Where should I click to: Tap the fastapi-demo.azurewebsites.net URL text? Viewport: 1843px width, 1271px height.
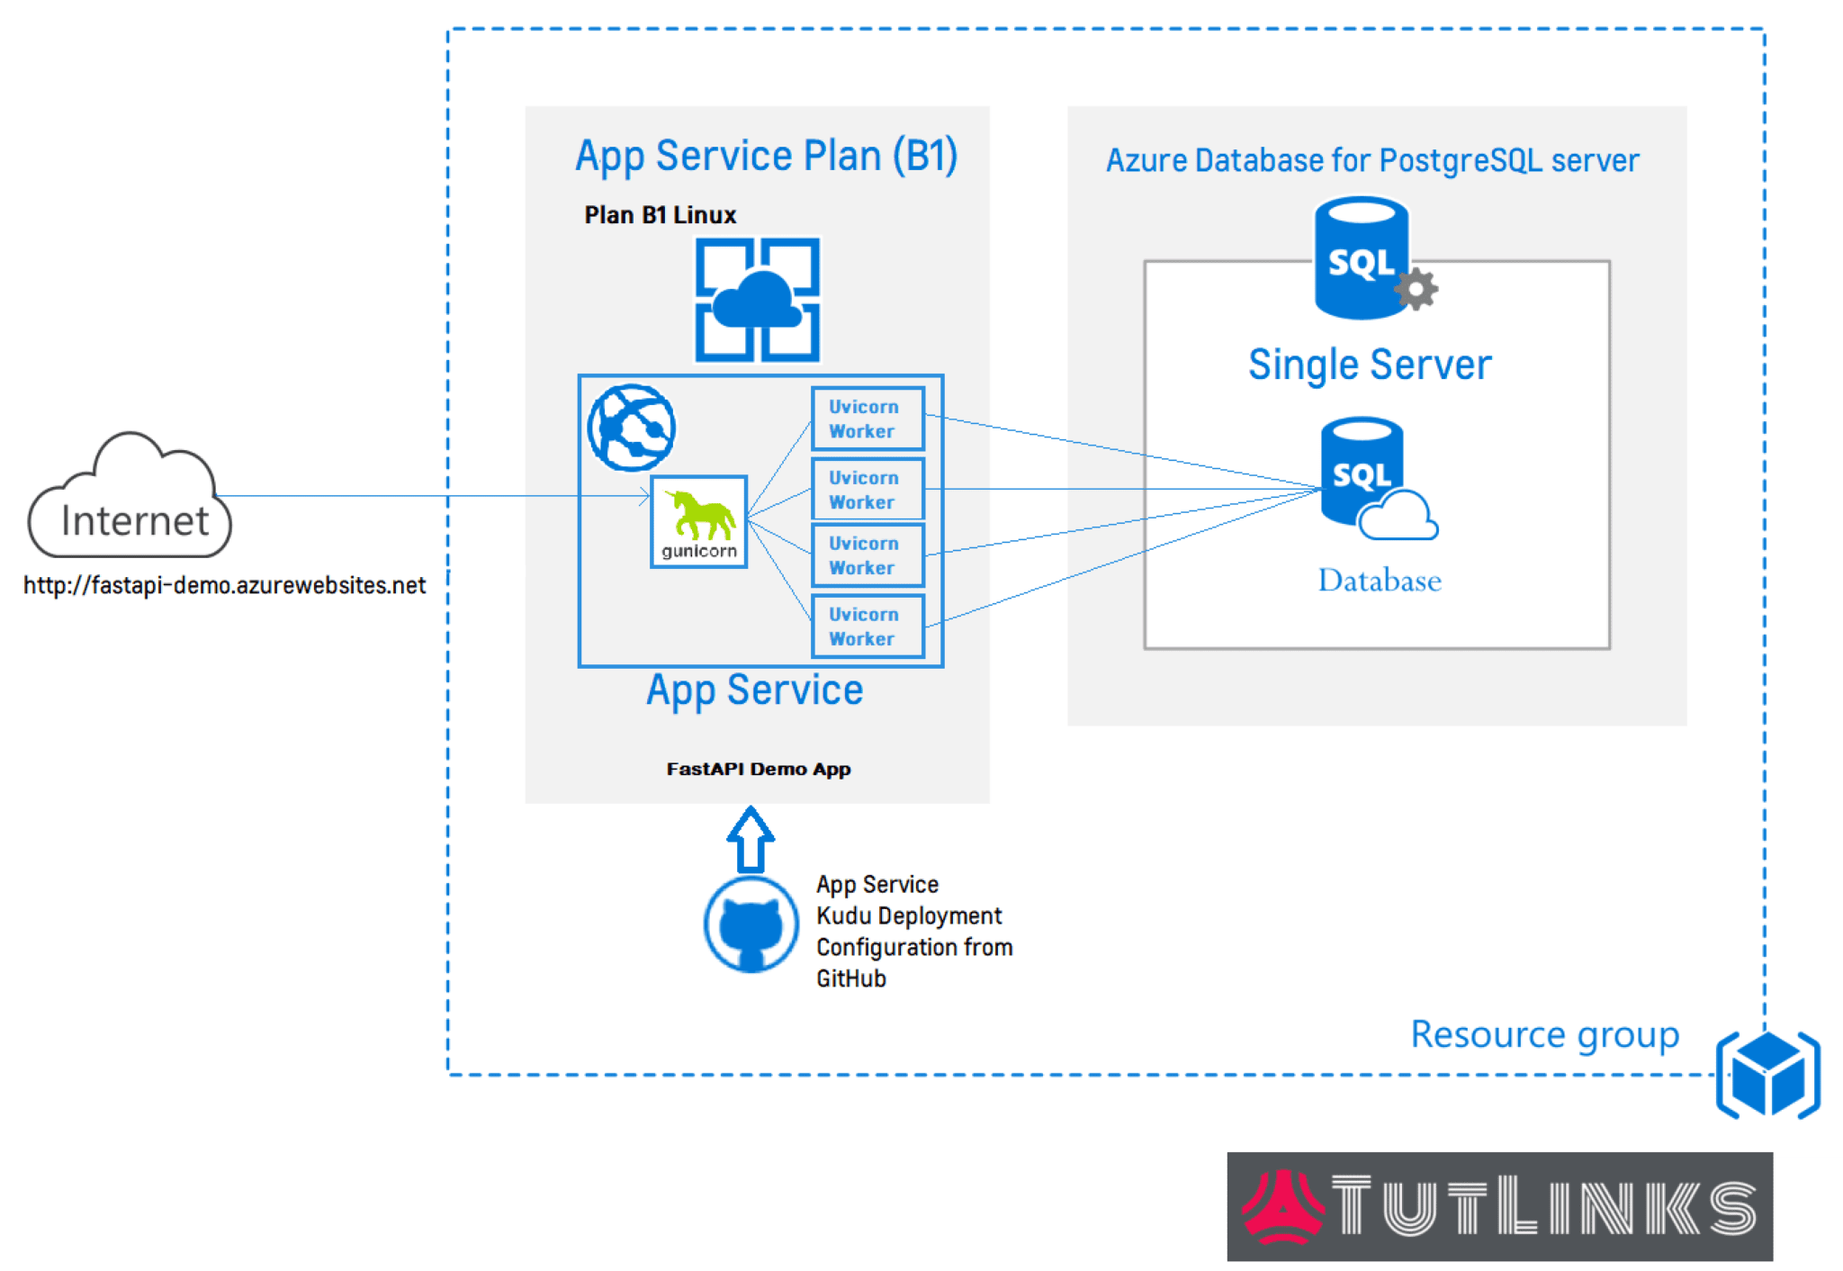click(224, 586)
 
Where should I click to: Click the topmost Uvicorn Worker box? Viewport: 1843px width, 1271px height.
click(868, 419)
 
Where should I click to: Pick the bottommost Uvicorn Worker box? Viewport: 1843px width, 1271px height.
click(868, 626)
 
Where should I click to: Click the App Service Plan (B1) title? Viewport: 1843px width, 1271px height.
click(766, 156)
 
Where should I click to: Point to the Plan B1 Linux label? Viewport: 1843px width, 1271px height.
click(660, 215)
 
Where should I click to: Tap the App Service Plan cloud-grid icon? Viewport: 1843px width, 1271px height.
click(758, 300)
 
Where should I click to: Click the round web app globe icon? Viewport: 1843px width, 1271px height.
click(631, 428)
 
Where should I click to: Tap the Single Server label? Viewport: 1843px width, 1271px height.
click(1369, 365)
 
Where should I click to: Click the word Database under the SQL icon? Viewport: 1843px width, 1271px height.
click(1379, 581)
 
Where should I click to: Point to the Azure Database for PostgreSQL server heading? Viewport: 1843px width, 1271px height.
click(1371, 160)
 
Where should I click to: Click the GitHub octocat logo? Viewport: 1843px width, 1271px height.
click(751, 925)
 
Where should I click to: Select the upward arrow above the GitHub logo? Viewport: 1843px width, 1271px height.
click(751, 839)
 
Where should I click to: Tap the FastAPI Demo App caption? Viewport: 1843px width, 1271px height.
click(758, 769)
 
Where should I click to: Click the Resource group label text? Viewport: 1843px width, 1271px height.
click(1544, 1035)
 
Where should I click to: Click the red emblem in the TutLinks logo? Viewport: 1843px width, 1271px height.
click(1282, 1207)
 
